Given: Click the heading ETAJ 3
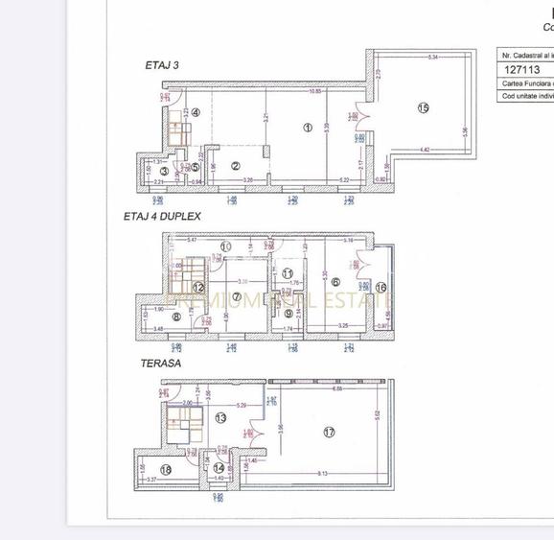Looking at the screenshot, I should pos(161,65).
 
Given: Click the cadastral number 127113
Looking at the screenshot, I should pos(522,69).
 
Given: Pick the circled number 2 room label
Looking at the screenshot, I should pos(236,165).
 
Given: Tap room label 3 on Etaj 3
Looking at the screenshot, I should pos(164,172).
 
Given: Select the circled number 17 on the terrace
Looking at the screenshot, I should pos(329,433).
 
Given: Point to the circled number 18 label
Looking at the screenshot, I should pos(165,469).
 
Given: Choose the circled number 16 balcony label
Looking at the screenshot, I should pos(380,286).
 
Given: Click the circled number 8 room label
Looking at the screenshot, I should pos(175,317).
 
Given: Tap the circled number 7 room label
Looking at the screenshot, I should pos(236,296).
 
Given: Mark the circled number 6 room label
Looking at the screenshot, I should pos(335,282).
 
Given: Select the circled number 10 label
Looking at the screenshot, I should pos(225,247).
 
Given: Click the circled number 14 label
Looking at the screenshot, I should pos(219,468).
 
